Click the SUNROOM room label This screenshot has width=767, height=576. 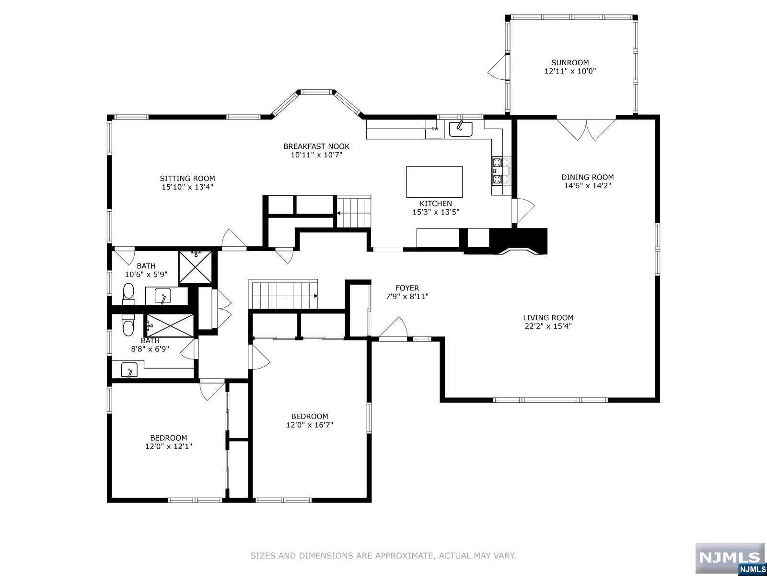click(570, 62)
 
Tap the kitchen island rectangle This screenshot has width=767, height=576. click(434, 182)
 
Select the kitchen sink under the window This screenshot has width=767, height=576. click(460, 129)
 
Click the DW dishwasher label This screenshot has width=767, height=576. click(435, 129)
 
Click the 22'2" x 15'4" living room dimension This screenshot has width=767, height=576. click(548, 326)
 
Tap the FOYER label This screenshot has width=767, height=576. click(407, 288)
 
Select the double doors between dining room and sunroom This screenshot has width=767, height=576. click(586, 127)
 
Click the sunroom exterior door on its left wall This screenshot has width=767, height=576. click(498, 67)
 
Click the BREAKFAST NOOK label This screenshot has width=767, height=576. click(316, 146)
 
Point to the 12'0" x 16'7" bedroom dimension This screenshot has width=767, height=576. click(309, 425)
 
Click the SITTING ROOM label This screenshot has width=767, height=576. click(187, 179)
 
